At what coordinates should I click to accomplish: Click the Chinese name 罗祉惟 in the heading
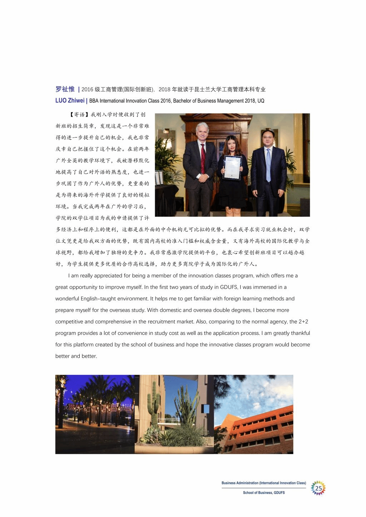tap(65, 89)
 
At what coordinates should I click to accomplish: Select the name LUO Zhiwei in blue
tap(70, 101)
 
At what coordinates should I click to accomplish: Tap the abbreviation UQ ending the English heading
tap(261, 101)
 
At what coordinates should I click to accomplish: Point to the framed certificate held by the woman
tap(232, 167)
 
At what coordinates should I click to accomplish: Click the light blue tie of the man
tap(268, 165)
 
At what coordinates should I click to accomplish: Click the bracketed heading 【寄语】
tap(77, 115)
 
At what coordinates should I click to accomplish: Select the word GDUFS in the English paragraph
tap(229, 287)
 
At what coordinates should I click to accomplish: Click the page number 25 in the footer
tap(318, 488)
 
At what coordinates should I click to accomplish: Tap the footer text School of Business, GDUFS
tap(264, 493)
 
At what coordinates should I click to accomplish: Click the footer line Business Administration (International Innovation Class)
tap(264, 483)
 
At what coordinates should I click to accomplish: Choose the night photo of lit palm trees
tap(95, 414)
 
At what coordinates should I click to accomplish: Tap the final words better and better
tap(76, 356)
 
